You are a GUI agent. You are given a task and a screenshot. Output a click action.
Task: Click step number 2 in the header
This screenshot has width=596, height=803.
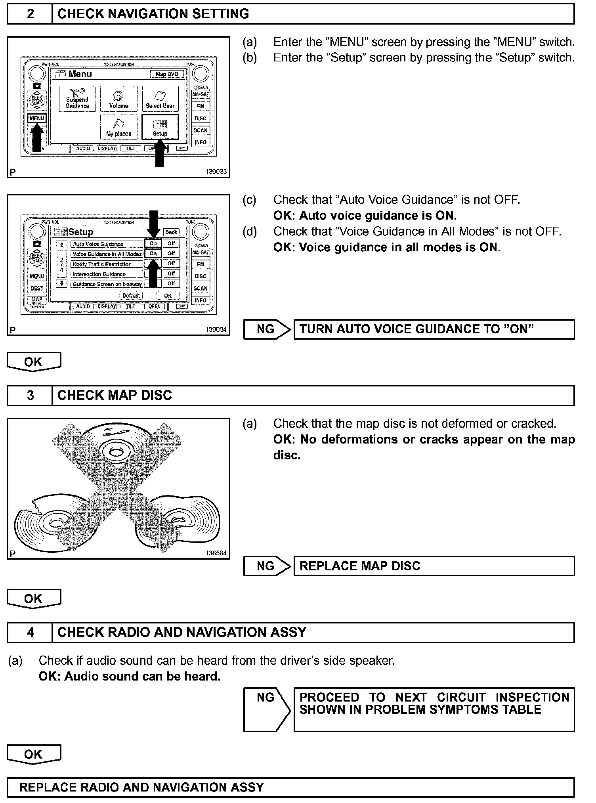click(x=30, y=14)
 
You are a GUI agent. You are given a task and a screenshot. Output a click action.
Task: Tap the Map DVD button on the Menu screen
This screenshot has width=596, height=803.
click(x=167, y=74)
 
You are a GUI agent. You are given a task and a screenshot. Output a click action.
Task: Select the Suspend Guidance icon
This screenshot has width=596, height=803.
click(x=77, y=99)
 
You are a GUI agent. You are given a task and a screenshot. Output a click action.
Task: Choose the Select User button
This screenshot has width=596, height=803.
click(x=160, y=99)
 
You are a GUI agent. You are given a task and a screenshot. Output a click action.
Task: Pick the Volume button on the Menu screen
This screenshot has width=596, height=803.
click(x=118, y=99)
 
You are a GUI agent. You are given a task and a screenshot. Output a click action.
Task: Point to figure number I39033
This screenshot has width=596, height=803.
click(x=216, y=172)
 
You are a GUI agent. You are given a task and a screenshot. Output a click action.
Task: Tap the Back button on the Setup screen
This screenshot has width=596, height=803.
click(x=171, y=232)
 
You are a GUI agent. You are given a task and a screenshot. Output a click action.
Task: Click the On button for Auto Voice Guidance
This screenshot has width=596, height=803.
click(x=153, y=244)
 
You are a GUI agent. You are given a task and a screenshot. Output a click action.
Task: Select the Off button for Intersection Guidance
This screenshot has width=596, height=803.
click(x=171, y=273)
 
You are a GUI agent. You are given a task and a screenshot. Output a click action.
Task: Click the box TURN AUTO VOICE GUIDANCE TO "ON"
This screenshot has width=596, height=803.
click(x=434, y=329)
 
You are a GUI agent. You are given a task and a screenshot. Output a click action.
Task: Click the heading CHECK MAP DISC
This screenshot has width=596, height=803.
click(x=115, y=396)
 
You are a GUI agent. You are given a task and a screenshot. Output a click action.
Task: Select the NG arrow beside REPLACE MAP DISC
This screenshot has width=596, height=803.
click(x=267, y=566)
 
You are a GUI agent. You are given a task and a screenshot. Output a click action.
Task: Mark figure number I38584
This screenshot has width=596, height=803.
click(x=216, y=553)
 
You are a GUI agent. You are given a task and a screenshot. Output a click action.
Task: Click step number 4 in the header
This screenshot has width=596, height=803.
click(x=30, y=632)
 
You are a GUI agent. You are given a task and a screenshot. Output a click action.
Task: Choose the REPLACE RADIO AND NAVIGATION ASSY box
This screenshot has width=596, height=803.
click(x=291, y=787)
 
